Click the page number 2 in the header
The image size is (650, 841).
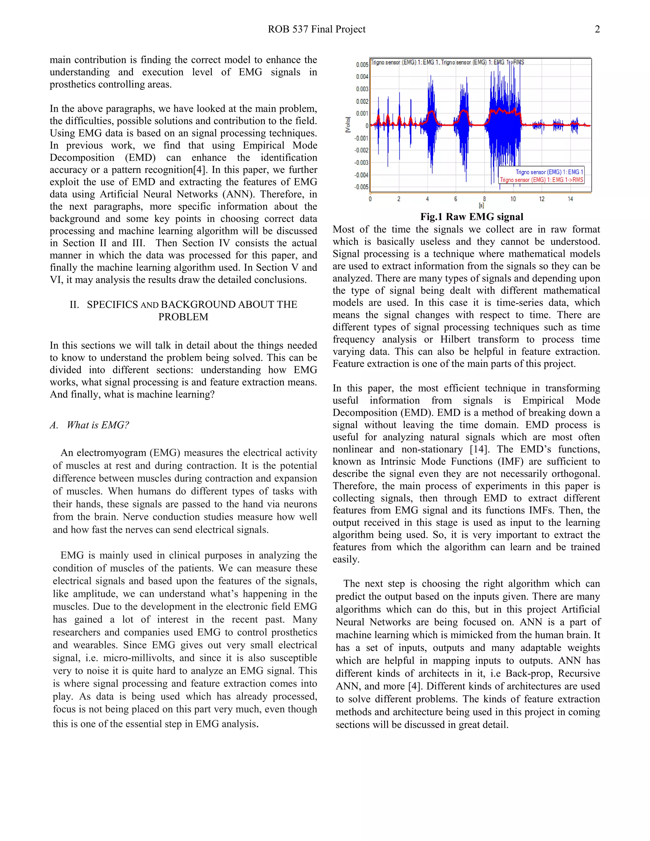click(597, 29)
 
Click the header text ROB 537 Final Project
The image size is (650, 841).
click(316, 29)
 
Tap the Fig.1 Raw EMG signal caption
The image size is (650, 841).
click(471, 217)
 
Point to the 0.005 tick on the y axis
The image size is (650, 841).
click(362, 65)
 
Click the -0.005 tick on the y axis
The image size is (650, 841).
click(361, 187)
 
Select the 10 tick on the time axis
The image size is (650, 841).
click(513, 199)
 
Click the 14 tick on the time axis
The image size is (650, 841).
click(570, 199)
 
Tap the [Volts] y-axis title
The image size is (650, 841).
click(348, 125)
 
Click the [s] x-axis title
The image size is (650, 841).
click(481, 206)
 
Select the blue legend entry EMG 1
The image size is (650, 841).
click(549, 172)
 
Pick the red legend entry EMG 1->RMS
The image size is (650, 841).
click(541, 180)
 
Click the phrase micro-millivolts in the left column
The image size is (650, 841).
click(139, 658)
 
